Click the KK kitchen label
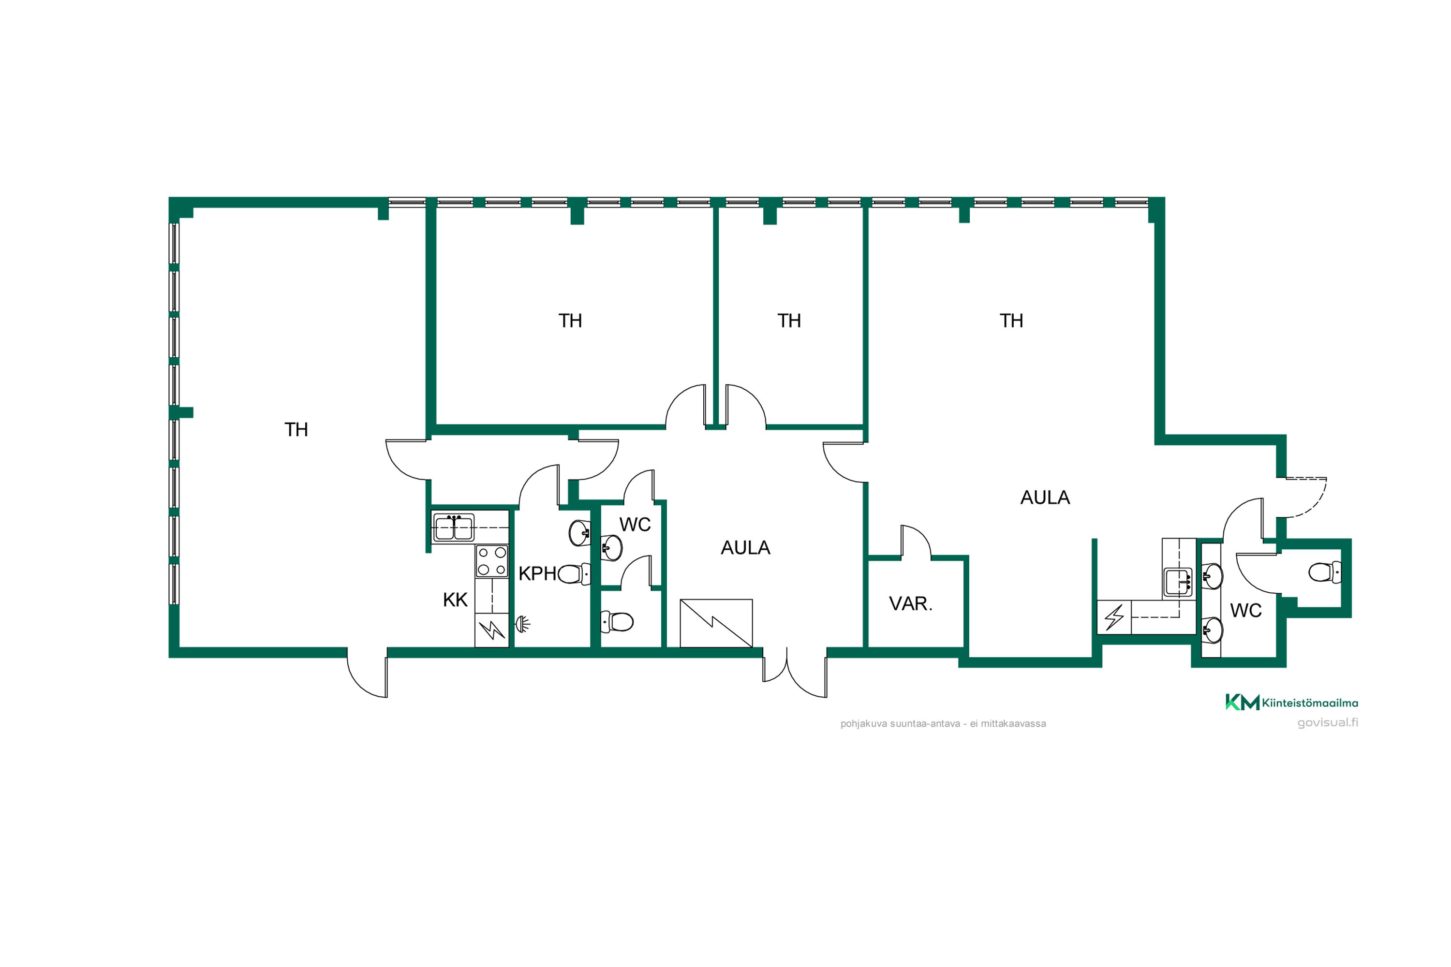(455, 600)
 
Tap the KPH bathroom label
(537, 573)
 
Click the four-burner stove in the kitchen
(492, 561)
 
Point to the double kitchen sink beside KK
(454, 528)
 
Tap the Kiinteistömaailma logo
(1291, 703)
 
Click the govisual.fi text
(1328, 722)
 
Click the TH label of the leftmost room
(296, 430)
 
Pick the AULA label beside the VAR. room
(1045, 498)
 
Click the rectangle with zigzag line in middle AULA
(716, 624)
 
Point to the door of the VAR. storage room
(916, 542)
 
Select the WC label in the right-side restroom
(1245, 611)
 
